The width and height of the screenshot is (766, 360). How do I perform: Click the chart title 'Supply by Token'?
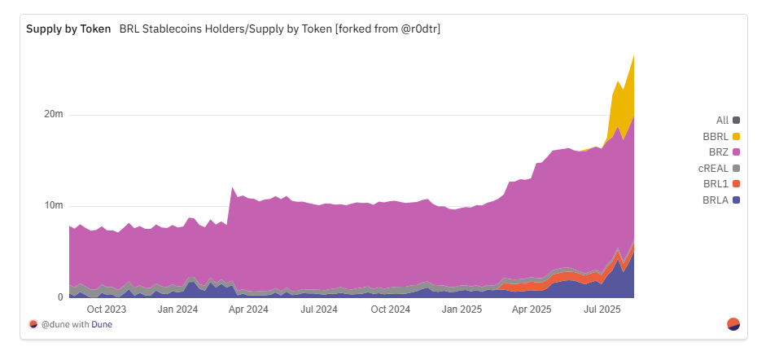tap(68, 29)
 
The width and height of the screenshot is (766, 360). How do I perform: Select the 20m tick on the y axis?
tap(54, 114)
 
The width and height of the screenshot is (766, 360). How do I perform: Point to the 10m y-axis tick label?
tap(54, 205)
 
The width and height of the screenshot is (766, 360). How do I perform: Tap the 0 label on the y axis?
tap(59, 297)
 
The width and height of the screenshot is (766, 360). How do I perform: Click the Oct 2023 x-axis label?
tap(106, 310)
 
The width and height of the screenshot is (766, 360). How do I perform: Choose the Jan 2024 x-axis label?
tap(177, 310)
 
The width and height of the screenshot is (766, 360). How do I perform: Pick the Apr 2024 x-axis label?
tap(248, 310)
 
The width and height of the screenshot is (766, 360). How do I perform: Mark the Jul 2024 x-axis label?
tap(319, 310)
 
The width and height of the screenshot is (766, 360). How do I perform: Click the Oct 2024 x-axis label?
tap(390, 310)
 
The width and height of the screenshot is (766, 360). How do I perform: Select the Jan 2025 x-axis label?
tap(462, 310)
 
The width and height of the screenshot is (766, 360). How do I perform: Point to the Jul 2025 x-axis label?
tap(602, 310)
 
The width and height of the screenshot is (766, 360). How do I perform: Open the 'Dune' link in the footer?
tap(103, 324)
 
